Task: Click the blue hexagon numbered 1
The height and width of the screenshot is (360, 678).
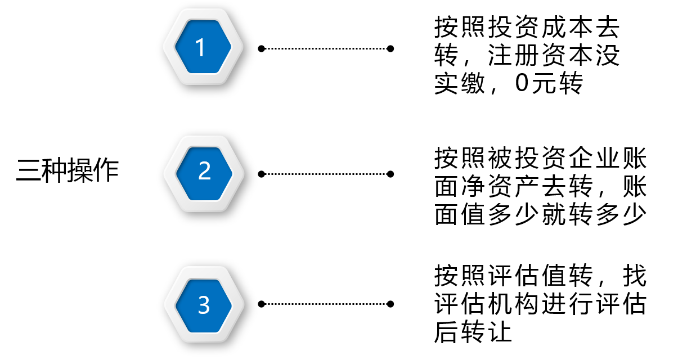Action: [203, 47]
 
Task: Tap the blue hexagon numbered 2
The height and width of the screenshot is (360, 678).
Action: [204, 174]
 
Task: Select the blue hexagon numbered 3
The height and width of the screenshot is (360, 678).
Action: [204, 305]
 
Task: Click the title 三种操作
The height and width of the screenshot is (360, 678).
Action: [67, 170]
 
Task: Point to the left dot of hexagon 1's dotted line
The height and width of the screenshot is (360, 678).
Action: [262, 48]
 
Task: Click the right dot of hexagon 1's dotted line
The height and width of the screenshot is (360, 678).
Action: [390, 48]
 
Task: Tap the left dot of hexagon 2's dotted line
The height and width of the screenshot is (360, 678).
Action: [262, 174]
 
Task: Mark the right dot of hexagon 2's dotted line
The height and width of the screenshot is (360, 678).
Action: [390, 174]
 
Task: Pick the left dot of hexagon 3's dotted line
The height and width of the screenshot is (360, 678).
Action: [262, 304]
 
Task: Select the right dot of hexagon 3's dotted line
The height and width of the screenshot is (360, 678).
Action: [390, 304]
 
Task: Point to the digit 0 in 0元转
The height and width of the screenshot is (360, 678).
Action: [522, 83]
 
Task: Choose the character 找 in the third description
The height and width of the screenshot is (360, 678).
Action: [635, 275]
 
